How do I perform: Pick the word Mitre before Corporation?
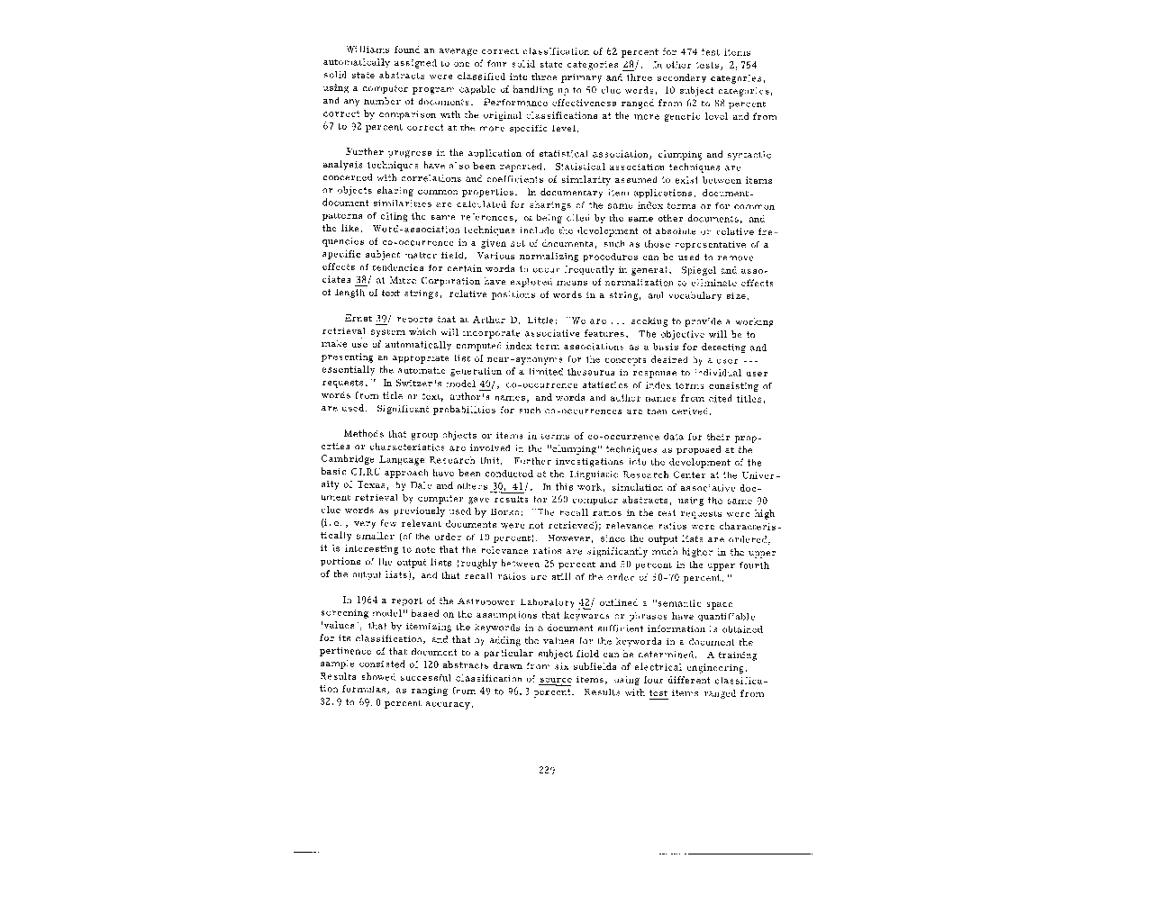click(395, 282)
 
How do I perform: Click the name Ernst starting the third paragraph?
click(358, 321)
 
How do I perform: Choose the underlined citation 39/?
click(382, 321)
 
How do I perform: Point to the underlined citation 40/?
click(490, 384)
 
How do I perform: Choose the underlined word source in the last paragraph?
click(555, 681)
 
